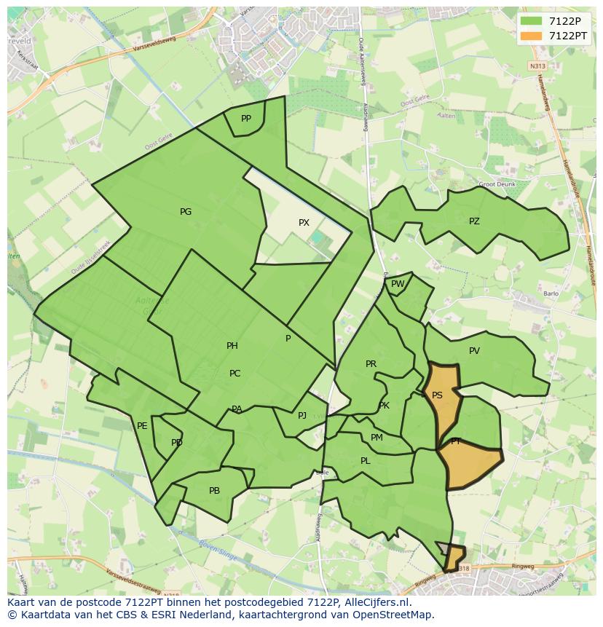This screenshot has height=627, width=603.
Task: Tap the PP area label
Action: (x=246, y=119)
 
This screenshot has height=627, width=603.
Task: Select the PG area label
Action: (x=186, y=212)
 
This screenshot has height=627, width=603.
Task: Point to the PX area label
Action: (x=304, y=223)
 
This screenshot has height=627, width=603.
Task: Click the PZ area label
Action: (x=474, y=221)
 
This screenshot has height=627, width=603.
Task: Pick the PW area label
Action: (x=398, y=285)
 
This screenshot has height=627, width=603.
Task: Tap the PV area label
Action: (x=474, y=351)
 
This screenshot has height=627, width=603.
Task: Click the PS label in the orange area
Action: (x=437, y=395)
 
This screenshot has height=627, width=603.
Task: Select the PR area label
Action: (x=371, y=364)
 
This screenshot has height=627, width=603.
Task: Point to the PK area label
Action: (x=384, y=406)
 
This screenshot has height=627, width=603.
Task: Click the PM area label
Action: (x=377, y=438)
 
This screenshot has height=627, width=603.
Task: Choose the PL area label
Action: (x=365, y=461)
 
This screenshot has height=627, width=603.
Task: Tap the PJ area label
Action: (x=302, y=416)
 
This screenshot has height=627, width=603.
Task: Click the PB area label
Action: (x=214, y=491)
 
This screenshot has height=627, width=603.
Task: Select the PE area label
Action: (x=142, y=426)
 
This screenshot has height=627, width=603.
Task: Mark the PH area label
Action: (x=232, y=346)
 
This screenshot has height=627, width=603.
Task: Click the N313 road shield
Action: (x=537, y=66)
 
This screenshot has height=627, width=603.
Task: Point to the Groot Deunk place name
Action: (x=497, y=184)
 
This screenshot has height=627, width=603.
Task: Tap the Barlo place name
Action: (x=551, y=294)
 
